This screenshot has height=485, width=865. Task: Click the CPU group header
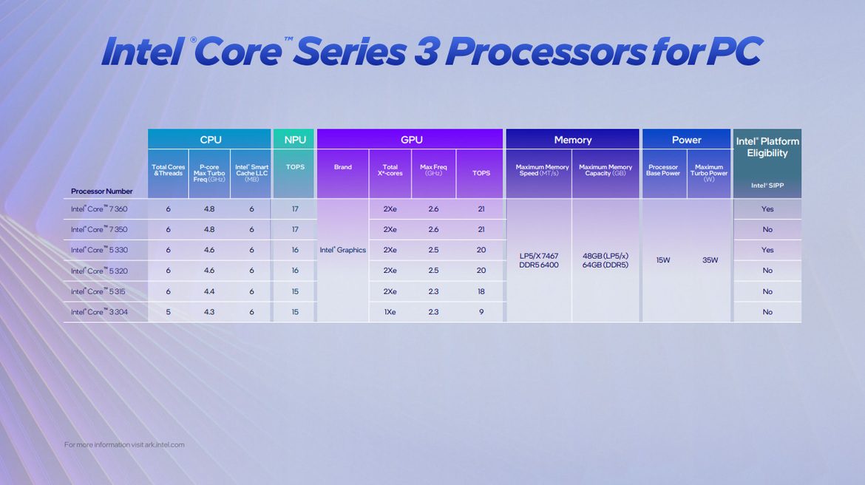(x=210, y=140)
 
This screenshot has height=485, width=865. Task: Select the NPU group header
(x=294, y=140)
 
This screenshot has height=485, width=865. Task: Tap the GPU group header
(x=411, y=140)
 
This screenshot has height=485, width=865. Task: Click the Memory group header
(x=572, y=140)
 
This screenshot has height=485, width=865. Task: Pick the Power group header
(x=686, y=140)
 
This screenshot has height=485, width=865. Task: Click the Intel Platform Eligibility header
(x=767, y=147)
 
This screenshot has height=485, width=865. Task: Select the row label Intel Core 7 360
(x=99, y=209)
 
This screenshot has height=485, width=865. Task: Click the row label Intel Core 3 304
(x=99, y=312)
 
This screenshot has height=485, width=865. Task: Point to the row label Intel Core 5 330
(x=99, y=250)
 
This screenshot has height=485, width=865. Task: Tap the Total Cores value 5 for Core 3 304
(x=168, y=312)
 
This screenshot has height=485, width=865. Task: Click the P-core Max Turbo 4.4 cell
(x=209, y=291)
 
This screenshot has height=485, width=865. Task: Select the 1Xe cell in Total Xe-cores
(x=390, y=312)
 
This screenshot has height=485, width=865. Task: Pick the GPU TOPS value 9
(x=481, y=312)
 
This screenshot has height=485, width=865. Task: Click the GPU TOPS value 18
(x=481, y=291)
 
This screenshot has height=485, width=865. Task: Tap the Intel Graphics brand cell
(x=342, y=250)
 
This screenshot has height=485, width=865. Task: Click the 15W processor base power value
(x=663, y=260)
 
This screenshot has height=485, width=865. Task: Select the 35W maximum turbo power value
(x=709, y=260)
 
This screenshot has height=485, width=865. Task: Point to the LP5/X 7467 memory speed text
(x=539, y=256)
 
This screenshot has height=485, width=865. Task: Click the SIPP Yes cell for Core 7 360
(x=767, y=209)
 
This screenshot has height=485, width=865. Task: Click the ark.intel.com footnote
(x=124, y=444)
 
